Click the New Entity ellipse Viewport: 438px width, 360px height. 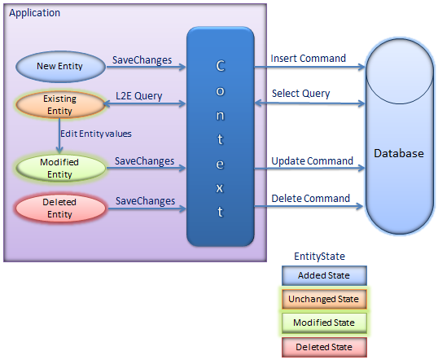(x=60, y=67)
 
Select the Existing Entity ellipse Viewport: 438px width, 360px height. (x=60, y=105)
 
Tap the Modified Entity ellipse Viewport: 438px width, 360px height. (x=60, y=168)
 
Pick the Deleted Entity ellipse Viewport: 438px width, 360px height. (x=60, y=209)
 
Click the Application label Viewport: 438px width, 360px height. (x=35, y=13)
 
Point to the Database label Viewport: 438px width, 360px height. (x=399, y=153)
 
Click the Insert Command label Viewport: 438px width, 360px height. (x=308, y=59)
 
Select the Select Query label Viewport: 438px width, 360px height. (x=301, y=94)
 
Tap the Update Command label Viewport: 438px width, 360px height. (x=313, y=161)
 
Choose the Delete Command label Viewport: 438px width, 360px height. (x=311, y=199)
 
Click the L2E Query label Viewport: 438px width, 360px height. (x=139, y=96)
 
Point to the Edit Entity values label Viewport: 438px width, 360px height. (x=96, y=134)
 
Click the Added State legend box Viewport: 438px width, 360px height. (x=324, y=275)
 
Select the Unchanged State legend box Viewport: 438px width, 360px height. (x=324, y=299)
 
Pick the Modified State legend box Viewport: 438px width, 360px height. (x=324, y=323)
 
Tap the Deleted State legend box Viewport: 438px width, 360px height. (x=324, y=347)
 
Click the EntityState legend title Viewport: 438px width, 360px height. (x=320, y=257)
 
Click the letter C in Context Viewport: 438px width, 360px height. (x=221, y=66)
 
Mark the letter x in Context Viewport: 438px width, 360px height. (x=220, y=188)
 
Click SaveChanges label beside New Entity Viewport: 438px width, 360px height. (x=142, y=60)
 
